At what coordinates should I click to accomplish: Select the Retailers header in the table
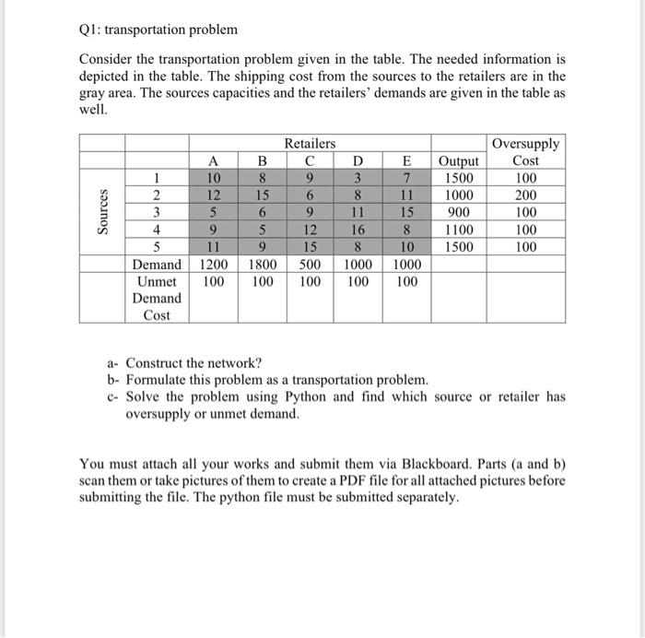click(310, 143)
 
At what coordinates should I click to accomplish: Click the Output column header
click(459, 160)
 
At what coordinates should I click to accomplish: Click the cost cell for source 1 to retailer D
click(358, 178)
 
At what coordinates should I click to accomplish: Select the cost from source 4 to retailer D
click(358, 230)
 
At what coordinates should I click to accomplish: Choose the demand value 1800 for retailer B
click(263, 265)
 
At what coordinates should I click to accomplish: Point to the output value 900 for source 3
click(459, 212)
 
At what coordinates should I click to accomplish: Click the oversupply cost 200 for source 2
click(525, 195)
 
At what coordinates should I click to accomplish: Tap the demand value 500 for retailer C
click(310, 265)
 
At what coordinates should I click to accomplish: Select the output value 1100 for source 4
click(459, 230)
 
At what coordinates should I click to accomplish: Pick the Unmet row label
click(157, 281)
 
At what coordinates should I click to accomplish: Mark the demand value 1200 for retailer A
click(214, 265)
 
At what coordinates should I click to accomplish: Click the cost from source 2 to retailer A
click(214, 195)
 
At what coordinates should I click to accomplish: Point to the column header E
click(405, 160)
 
